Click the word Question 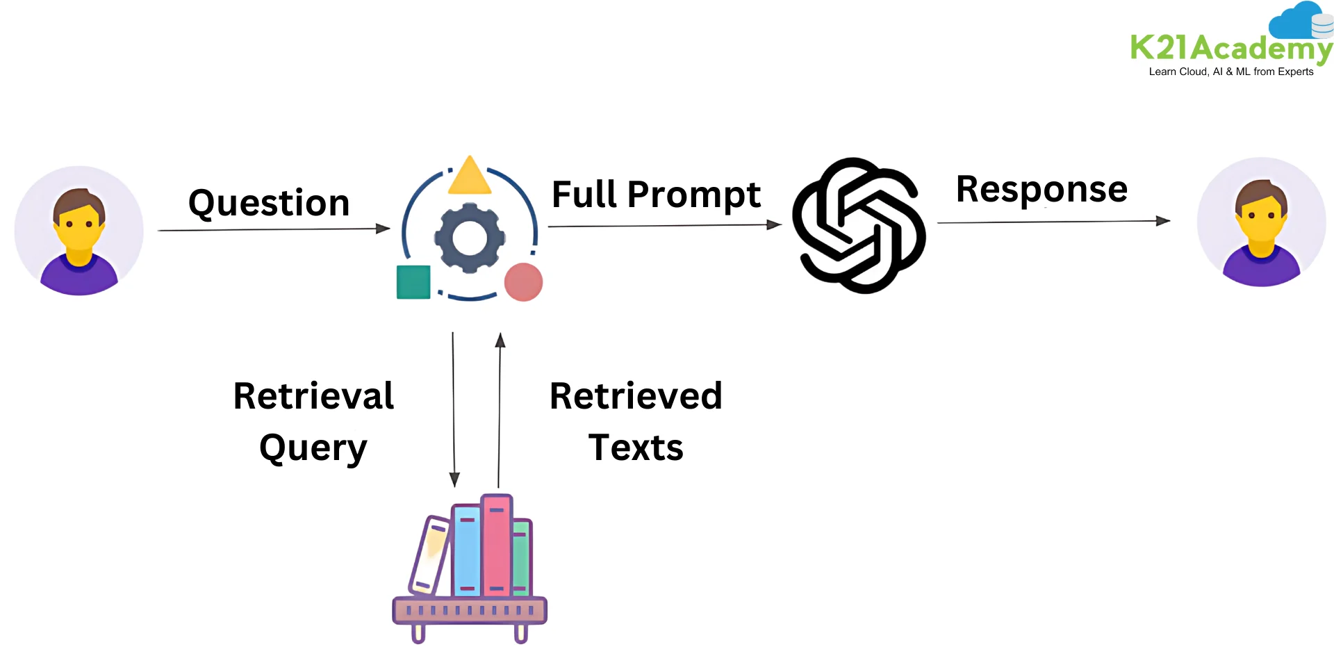pyautogui.click(x=269, y=204)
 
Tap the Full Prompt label pyautogui.click(x=656, y=195)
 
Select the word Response pyautogui.click(x=1041, y=189)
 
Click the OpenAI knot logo pyautogui.click(x=859, y=225)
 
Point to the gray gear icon pyautogui.click(x=470, y=238)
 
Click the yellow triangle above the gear pyautogui.click(x=470, y=177)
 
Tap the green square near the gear pyautogui.click(x=413, y=282)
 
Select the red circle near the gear pyautogui.click(x=523, y=282)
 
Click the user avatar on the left pyautogui.click(x=79, y=231)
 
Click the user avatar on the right pyautogui.click(x=1261, y=222)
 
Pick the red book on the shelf pyautogui.click(x=496, y=546)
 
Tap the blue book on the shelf pyautogui.click(x=467, y=551)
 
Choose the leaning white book pyautogui.click(x=430, y=556)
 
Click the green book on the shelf pyautogui.click(x=521, y=558)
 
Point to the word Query pyautogui.click(x=313, y=448)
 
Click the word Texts pyautogui.click(x=636, y=448)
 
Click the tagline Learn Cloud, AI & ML pyautogui.click(x=1230, y=72)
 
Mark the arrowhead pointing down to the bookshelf pyautogui.click(x=454, y=479)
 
